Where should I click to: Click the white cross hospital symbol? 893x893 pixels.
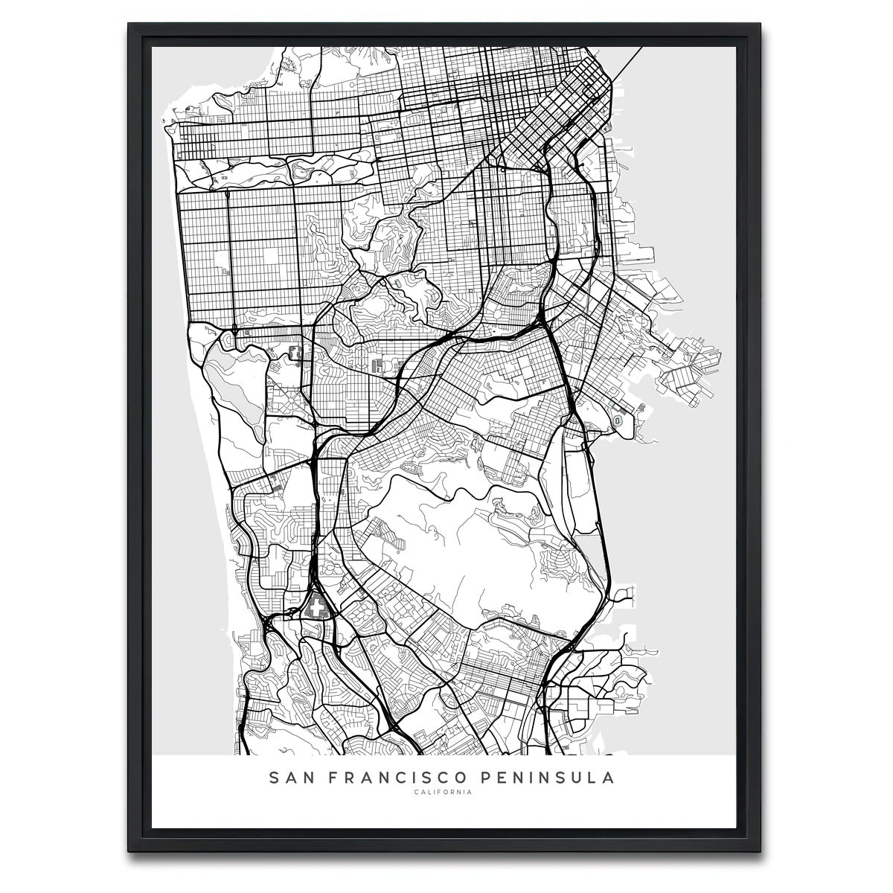click(x=319, y=608)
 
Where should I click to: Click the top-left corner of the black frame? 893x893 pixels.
click(x=129, y=24)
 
